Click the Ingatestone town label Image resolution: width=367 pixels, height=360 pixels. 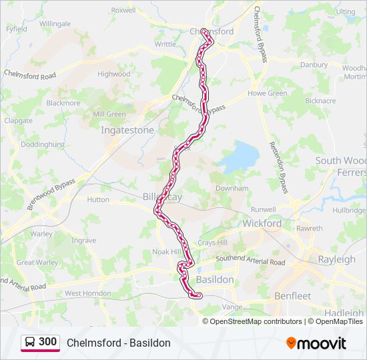click(127, 130)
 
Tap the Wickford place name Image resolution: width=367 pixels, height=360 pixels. click(262, 223)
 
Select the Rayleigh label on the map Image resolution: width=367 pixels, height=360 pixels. click(336, 259)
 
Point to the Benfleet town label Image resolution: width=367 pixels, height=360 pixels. click(292, 295)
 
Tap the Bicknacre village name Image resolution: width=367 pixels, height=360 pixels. click(320, 101)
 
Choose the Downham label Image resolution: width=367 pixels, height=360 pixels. click(232, 189)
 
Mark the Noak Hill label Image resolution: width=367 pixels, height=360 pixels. click(167, 251)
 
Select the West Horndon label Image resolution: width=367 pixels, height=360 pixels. click(87, 293)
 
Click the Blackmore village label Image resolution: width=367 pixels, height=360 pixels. click(63, 103)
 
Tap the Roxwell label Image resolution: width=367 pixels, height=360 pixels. click(123, 10)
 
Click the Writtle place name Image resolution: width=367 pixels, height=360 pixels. click(165, 44)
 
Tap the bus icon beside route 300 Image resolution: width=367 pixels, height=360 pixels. click(30, 342)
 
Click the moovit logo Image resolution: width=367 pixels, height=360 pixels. click(316, 343)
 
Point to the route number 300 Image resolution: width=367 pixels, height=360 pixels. click(48, 341)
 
